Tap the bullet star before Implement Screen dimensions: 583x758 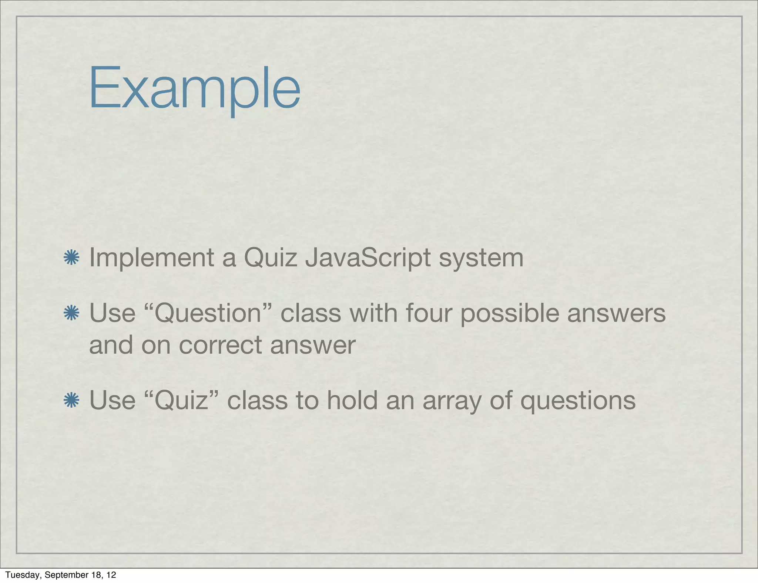[71, 257]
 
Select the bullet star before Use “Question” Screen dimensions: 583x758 [71, 313]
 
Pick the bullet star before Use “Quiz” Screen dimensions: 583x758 [71, 400]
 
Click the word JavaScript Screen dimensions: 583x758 [368, 258]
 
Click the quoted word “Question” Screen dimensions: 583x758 [208, 313]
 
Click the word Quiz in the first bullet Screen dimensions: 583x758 [271, 258]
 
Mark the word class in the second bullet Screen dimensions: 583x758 [311, 313]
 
